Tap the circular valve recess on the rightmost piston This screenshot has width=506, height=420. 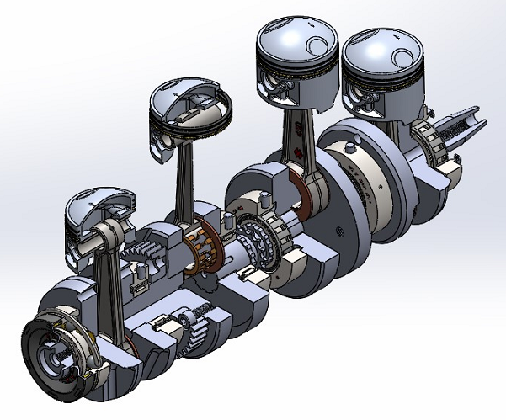401,52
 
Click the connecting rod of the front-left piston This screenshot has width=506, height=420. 108,286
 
